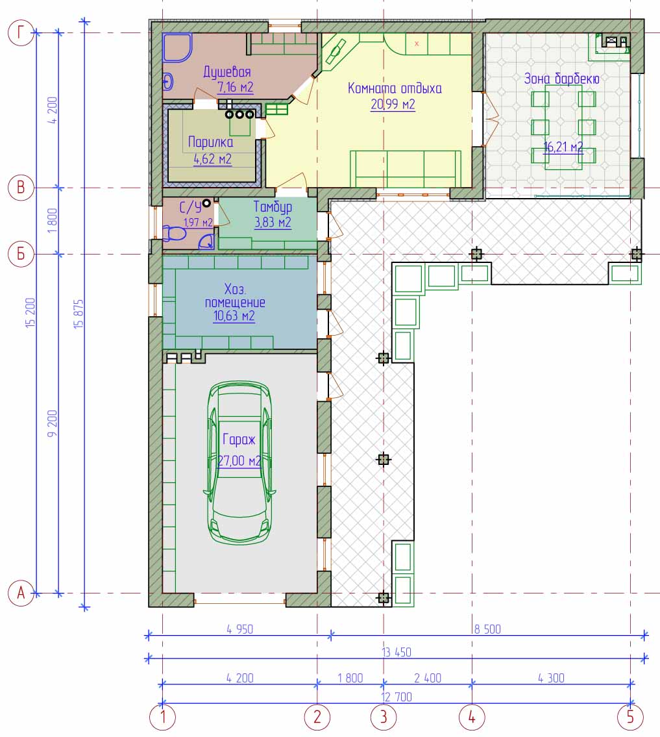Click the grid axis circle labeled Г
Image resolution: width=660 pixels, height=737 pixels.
click(21, 33)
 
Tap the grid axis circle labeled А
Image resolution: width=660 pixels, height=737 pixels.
click(21, 593)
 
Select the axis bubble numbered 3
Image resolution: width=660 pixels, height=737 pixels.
click(384, 718)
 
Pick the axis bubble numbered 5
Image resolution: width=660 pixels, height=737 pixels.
click(630, 718)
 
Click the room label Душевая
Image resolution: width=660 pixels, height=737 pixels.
click(227, 72)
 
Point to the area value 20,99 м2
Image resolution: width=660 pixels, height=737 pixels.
click(393, 105)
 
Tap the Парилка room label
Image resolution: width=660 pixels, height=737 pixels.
click(210, 142)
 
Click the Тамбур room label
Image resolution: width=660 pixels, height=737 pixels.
click(273, 206)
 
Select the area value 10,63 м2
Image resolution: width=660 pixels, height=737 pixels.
click(234, 316)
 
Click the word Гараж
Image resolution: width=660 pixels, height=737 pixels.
click(239, 440)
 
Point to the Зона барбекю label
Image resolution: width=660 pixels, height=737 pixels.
click(561, 79)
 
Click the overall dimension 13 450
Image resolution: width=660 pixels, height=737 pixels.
click(397, 653)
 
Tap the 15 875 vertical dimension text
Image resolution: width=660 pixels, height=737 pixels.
click(79, 314)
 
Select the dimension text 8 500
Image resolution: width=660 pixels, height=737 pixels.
click(487, 629)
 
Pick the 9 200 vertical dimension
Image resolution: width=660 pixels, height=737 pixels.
click(52, 423)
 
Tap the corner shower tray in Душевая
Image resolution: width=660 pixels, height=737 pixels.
click(177, 47)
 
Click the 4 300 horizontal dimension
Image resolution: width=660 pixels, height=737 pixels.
click(551, 678)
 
